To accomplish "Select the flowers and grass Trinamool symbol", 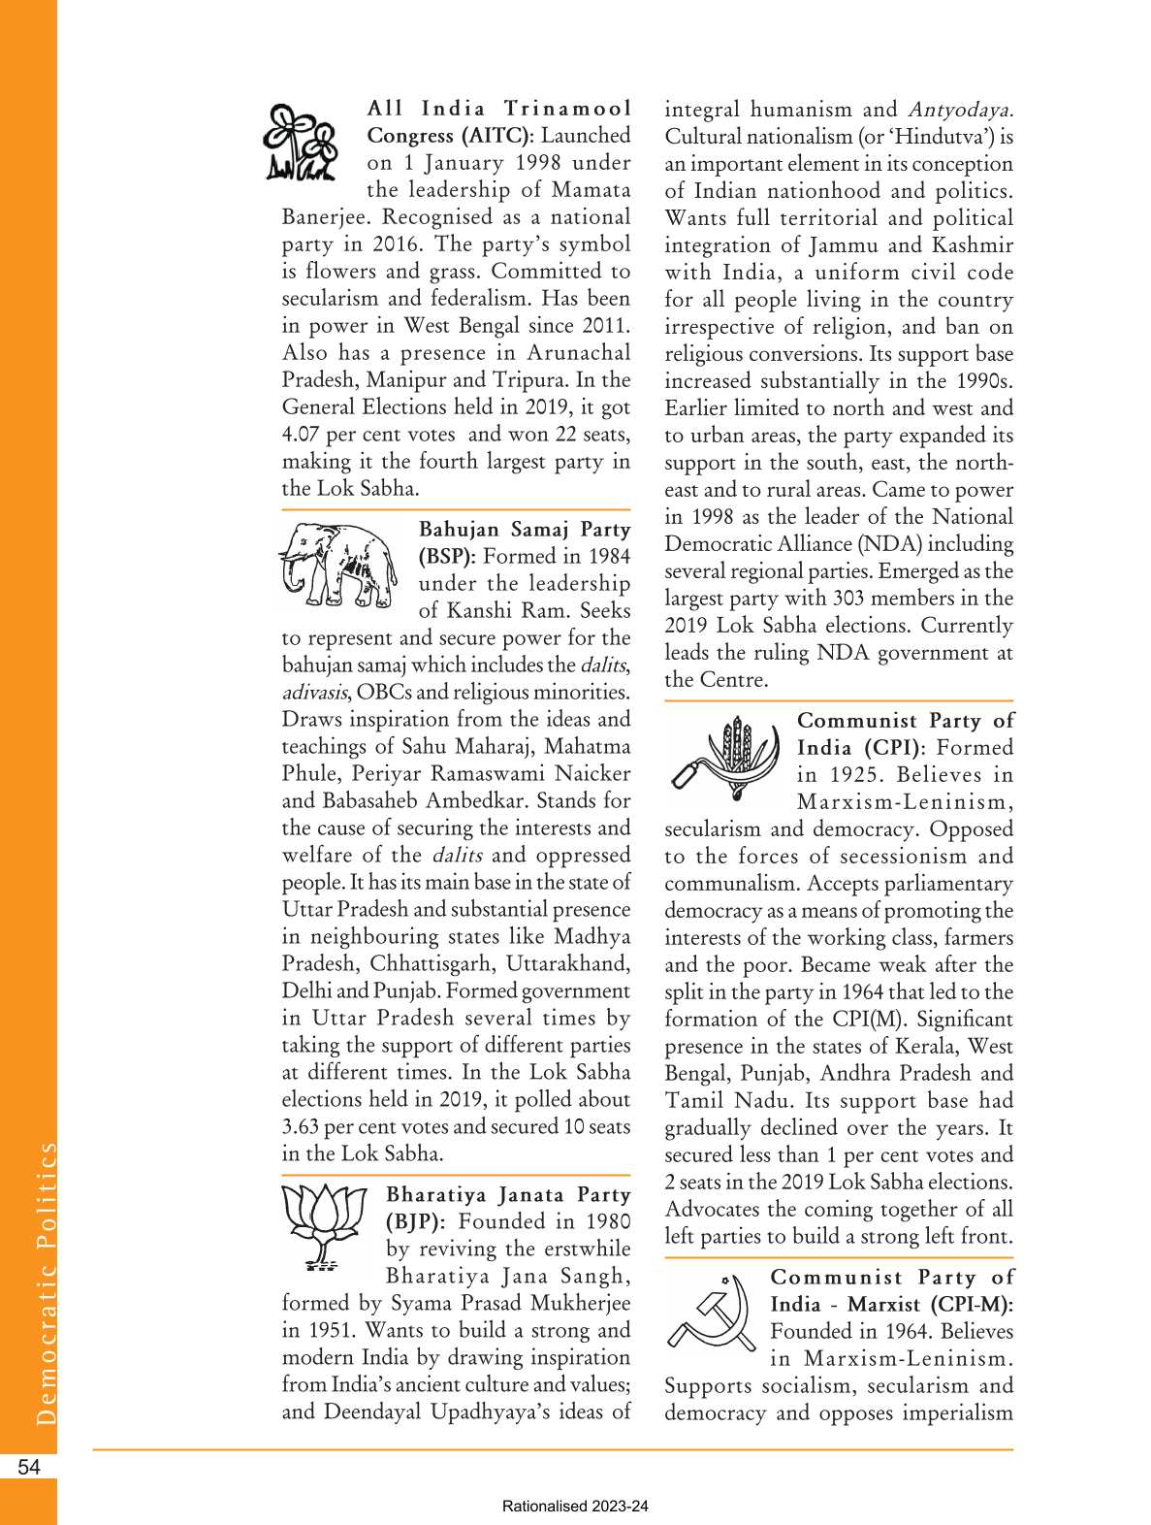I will [x=301, y=143].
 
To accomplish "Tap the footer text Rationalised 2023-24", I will [x=575, y=1507].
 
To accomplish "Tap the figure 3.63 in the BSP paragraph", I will [x=301, y=1127].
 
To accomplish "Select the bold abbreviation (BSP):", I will [x=446, y=557].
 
